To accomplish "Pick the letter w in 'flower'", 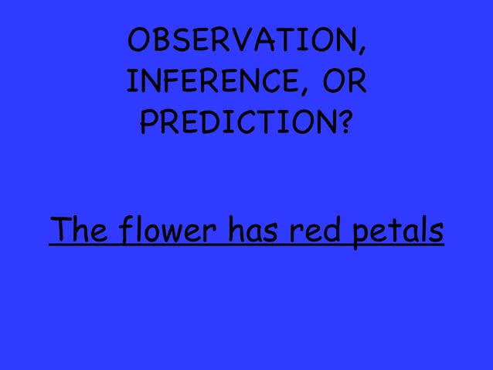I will (174, 232).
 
